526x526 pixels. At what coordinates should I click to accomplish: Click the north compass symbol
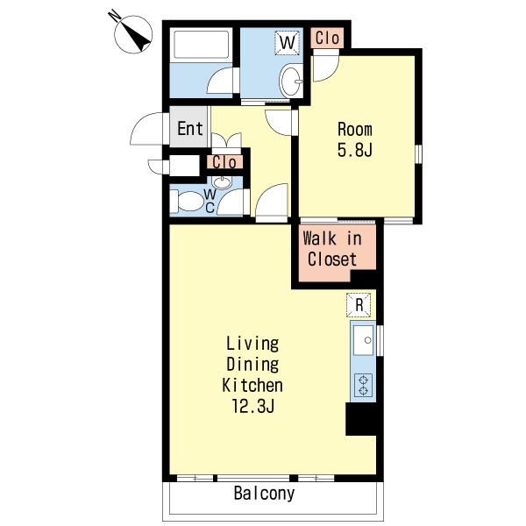coord(133,33)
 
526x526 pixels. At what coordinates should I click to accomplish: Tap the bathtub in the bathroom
coord(201,45)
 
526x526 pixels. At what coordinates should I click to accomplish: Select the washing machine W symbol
coord(288,43)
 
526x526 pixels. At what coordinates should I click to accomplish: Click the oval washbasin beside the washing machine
coord(290,82)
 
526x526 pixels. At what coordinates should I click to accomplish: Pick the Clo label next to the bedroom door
coord(327,38)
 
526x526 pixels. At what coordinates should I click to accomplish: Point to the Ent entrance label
coord(190,129)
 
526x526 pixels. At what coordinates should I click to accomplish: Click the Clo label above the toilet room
coord(224,163)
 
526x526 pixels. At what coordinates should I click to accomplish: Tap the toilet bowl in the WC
coord(188,202)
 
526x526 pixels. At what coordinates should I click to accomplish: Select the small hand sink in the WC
coord(222,183)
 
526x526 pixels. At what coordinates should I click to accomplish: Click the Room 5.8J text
coord(355,139)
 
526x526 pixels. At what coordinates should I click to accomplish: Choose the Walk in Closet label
coord(332,249)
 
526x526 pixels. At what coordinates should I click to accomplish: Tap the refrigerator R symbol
coord(359,305)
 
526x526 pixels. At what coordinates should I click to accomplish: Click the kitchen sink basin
coord(363,340)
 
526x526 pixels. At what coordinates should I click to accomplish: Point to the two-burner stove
coord(364,386)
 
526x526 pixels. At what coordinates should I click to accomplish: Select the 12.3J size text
coord(253,407)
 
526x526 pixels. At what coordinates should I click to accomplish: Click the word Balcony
coord(265,493)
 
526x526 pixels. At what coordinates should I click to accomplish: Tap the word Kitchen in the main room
coord(252,385)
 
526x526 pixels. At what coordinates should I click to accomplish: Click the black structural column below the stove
coord(361,419)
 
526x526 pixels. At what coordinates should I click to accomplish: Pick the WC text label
coord(210,201)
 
